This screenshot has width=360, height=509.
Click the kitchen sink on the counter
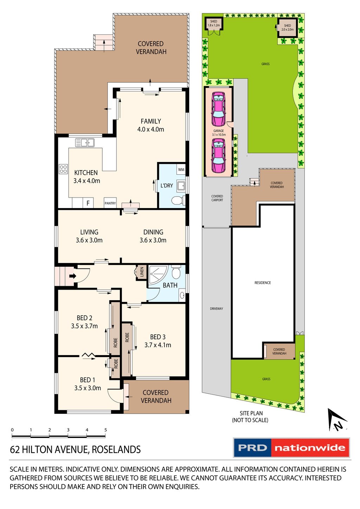point(85,142)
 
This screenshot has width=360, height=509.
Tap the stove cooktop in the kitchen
point(63,169)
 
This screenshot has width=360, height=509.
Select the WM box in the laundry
point(181,169)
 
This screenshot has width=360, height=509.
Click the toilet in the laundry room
point(178,201)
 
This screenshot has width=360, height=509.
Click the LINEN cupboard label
point(142,272)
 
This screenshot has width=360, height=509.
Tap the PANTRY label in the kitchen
point(110,203)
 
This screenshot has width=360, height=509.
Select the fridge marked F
point(88,203)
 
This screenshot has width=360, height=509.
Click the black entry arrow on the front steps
point(72,276)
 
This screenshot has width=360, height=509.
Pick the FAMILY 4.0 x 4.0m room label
point(151,125)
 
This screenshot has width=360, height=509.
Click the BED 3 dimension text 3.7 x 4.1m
point(158,345)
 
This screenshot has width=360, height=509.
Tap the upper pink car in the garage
point(218,109)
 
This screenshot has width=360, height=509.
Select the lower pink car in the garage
point(218,155)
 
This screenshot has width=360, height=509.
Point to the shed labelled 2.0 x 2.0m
point(287,27)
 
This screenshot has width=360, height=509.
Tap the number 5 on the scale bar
point(105,430)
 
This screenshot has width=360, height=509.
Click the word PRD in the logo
point(252,448)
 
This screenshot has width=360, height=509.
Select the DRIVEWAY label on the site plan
point(217,309)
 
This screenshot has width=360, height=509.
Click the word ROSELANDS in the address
point(116,450)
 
